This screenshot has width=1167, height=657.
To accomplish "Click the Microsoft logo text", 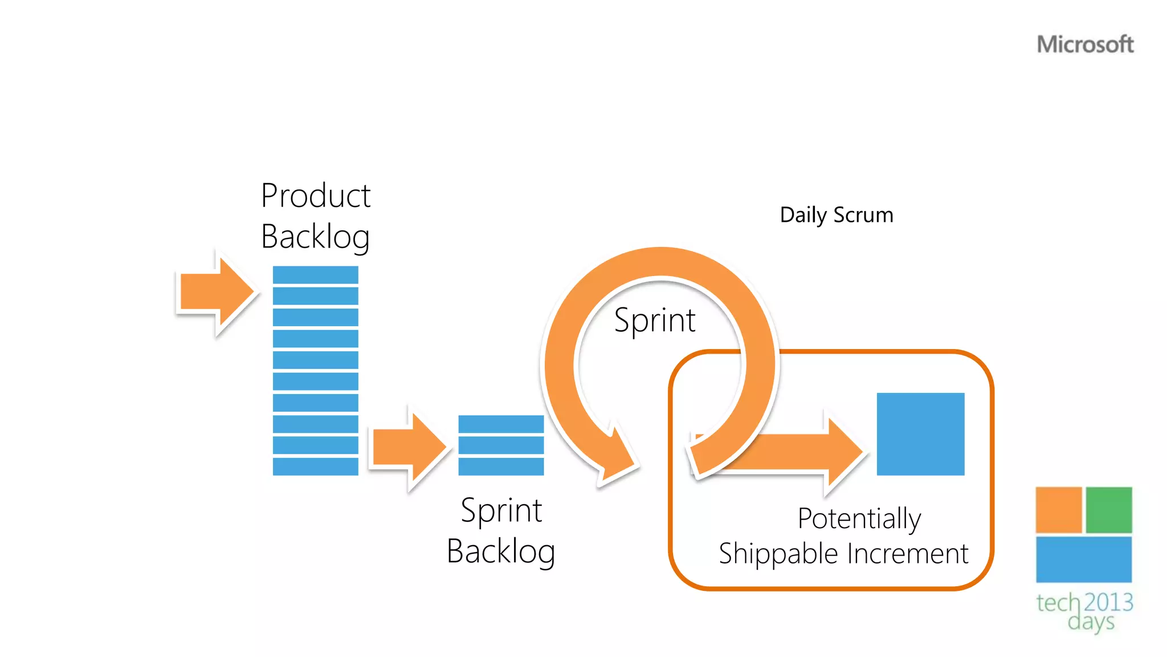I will (x=1085, y=44).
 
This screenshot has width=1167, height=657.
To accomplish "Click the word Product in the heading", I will (x=316, y=196).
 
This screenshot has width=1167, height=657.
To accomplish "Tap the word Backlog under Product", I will (x=316, y=237).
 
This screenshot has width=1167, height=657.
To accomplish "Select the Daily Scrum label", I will (x=836, y=215).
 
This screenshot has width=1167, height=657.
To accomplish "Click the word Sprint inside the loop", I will (x=655, y=320).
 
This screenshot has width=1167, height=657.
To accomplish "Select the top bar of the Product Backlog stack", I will (x=315, y=275).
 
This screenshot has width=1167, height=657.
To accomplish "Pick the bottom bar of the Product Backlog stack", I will (x=315, y=466).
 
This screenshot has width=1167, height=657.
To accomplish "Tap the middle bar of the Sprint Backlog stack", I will (x=501, y=445).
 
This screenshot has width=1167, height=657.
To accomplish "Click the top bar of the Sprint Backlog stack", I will (x=501, y=424).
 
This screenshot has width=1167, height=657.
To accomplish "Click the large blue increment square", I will (x=920, y=433).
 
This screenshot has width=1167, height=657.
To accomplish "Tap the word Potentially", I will (x=859, y=518).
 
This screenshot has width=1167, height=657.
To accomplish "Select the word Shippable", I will (x=778, y=554).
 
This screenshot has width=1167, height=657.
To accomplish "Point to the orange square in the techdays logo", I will (x=1058, y=509).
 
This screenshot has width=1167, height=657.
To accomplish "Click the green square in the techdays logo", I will (x=1108, y=509).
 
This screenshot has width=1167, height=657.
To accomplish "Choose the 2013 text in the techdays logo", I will (x=1108, y=602).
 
